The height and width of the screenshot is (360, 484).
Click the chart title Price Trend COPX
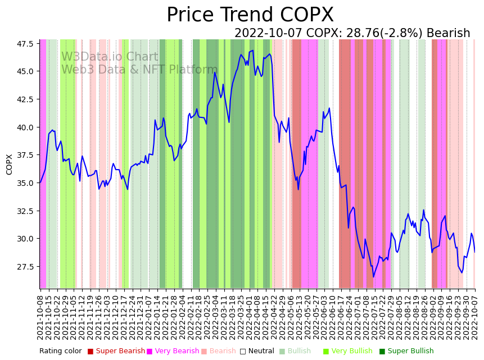pyautogui.click(x=250, y=15)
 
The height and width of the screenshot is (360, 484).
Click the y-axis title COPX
pyautogui.click(x=9, y=164)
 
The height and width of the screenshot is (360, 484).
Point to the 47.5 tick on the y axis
pyautogui.click(x=25, y=43)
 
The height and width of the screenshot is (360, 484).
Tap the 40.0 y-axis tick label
pyautogui.click(x=25, y=127)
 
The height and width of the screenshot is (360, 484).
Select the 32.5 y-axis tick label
pyautogui.click(x=25, y=211)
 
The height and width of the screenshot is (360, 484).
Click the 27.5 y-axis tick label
pyautogui.click(x=25, y=266)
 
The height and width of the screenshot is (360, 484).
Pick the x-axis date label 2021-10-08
pyautogui.click(x=40, y=317)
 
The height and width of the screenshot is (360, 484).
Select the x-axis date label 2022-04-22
pyautogui.click(x=275, y=317)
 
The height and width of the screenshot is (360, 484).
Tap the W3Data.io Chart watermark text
pyautogui.click(x=110, y=57)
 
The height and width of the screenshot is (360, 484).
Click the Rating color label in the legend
pyautogui.click(x=61, y=351)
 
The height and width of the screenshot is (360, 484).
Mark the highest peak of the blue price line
pyautogui.click(x=252, y=51)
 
